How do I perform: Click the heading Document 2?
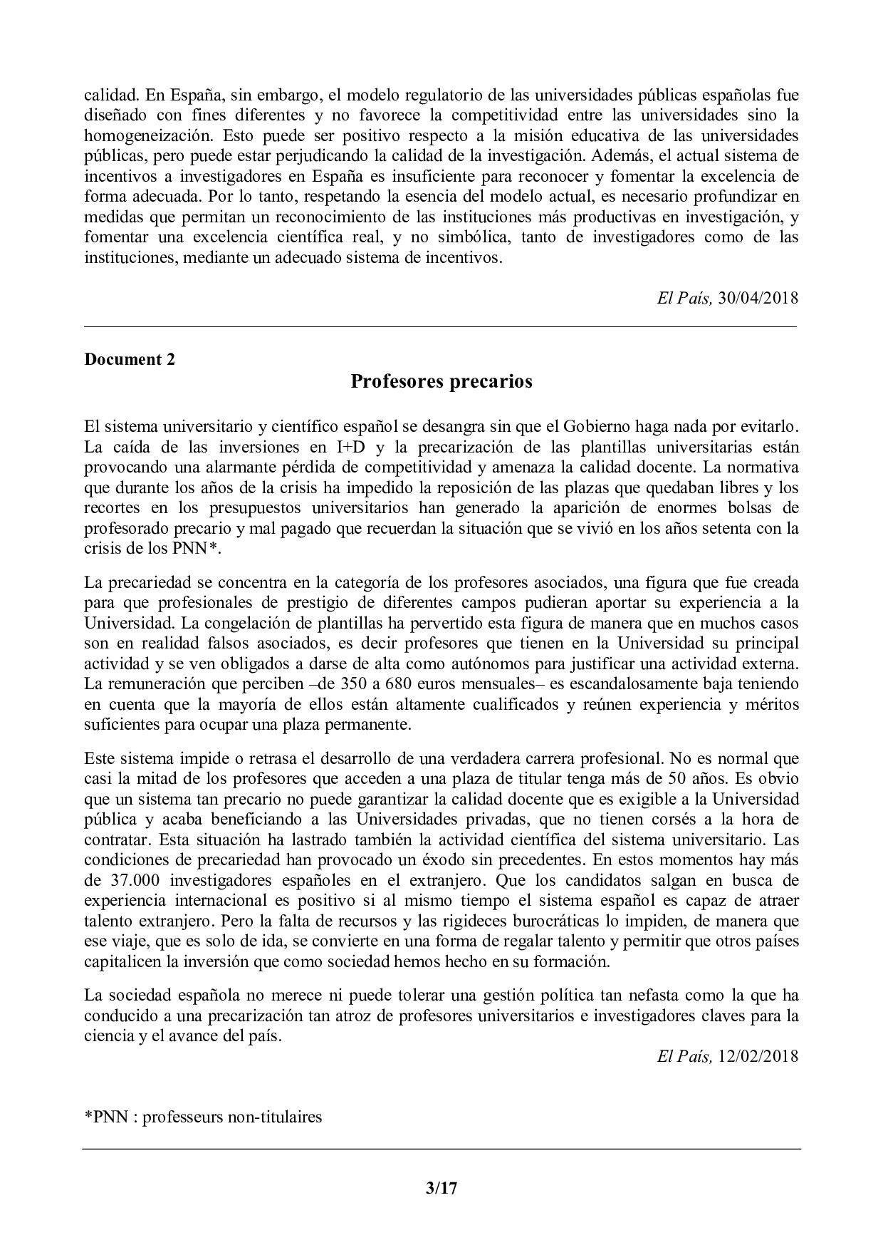(x=130, y=359)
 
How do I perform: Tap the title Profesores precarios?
(x=441, y=382)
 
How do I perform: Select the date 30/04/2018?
(x=758, y=298)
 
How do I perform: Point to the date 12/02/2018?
(x=758, y=1056)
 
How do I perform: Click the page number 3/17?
(x=441, y=1188)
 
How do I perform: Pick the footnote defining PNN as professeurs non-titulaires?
(x=203, y=1116)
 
